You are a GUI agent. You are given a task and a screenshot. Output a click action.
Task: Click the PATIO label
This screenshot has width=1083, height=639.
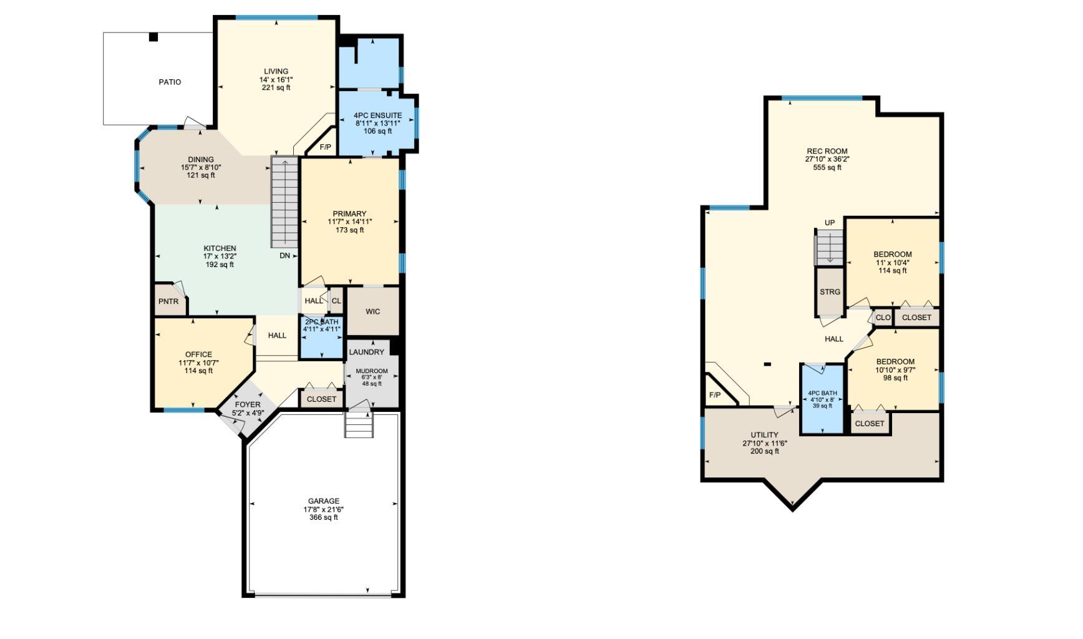click(x=170, y=82)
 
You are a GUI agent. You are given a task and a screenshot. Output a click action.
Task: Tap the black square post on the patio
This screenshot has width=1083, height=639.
click(x=153, y=37)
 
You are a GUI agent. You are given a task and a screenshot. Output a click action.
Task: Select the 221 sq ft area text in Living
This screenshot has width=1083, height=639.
click(x=276, y=88)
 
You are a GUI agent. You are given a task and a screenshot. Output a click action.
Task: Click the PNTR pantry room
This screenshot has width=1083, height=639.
click(x=168, y=301)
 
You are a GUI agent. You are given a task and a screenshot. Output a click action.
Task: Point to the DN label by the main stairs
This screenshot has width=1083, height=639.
click(x=284, y=256)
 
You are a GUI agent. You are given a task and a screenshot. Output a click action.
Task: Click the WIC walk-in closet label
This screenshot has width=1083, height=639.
click(x=372, y=311)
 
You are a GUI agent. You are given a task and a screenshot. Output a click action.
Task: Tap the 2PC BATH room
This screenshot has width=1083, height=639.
click(x=321, y=337)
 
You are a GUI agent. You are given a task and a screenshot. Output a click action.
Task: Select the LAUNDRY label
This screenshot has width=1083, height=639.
click(x=366, y=352)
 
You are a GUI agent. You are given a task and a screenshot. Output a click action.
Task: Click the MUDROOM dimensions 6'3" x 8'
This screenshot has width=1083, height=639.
click(x=371, y=378)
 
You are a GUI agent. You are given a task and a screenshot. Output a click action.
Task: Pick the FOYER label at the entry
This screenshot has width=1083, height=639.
click(x=247, y=404)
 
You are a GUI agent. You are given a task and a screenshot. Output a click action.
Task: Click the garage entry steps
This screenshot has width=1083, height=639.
click(x=359, y=426)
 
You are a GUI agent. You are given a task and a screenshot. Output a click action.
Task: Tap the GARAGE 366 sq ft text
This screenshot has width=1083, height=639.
click(x=323, y=517)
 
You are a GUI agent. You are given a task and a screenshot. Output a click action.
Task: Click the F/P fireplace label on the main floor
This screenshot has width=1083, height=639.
click(x=325, y=147)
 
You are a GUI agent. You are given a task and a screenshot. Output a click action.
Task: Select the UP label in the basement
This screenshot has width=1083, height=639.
click(x=829, y=223)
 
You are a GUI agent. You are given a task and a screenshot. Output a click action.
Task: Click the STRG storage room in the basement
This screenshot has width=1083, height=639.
click(x=830, y=291)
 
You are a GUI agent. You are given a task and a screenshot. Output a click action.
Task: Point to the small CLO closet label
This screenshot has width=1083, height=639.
click(x=883, y=318)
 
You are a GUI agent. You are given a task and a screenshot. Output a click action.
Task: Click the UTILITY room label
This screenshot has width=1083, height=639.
click(x=764, y=435)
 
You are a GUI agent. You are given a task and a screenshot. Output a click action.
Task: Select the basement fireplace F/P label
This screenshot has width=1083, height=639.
click(x=715, y=395)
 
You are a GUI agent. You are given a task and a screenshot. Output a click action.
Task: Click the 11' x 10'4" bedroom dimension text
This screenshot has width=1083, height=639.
click(x=892, y=263)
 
